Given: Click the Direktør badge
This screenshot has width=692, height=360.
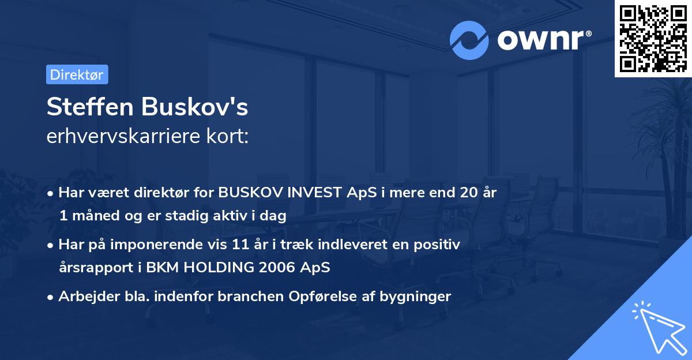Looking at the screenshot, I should [x=77, y=74].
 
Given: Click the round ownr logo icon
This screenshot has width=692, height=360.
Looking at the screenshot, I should [x=469, y=39].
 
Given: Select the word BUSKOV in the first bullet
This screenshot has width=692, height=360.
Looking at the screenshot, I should [x=249, y=193].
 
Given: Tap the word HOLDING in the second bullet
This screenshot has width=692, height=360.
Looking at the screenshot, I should [x=210, y=268].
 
